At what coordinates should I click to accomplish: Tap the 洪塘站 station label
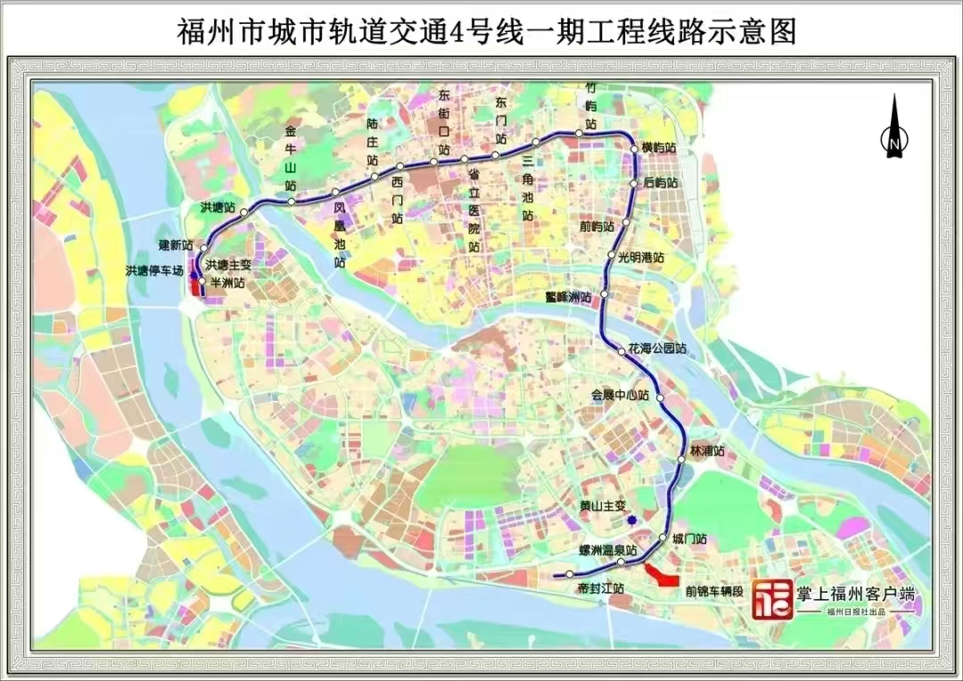[218, 208]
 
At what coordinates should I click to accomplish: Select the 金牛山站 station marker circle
[292, 201]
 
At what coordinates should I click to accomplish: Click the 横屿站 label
[659, 148]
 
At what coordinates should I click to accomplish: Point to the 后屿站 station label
[661, 183]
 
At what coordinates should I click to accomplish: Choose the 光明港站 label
[641, 257]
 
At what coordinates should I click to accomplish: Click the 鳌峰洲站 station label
[568, 295]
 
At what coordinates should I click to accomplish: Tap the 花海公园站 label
[657, 349]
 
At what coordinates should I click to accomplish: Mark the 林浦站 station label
[707, 451]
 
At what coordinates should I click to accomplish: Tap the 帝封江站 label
[600, 589]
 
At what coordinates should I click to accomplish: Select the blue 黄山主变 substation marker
[631, 521]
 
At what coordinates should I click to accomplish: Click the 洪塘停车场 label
[154, 270]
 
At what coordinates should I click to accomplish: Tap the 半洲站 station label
[226, 283]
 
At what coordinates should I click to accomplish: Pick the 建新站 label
[176, 245]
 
